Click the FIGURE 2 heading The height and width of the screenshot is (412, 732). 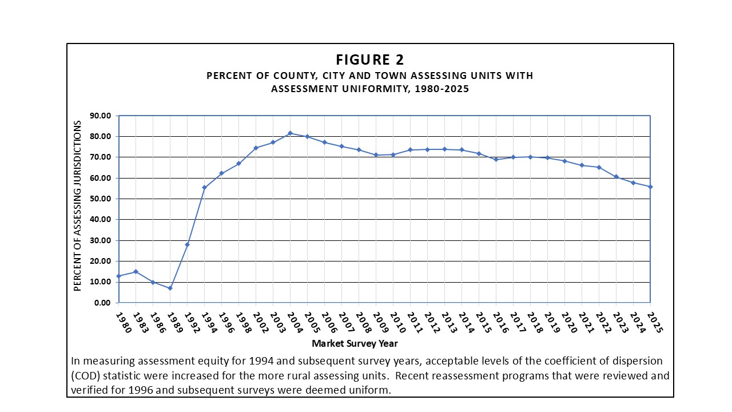coord(370,60)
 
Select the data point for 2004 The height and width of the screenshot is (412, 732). coord(290,133)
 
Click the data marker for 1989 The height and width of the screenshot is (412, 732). coord(170,288)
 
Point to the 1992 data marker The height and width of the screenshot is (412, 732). coord(187,244)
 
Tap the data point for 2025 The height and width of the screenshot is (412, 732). coord(650,187)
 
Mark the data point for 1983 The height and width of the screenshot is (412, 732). coord(136,272)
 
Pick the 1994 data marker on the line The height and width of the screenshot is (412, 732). coord(204,188)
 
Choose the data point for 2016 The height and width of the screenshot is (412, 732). coord(496,160)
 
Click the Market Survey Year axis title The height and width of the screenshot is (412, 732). coord(355,344)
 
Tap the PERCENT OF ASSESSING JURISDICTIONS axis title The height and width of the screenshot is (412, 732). coord(78,209)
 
